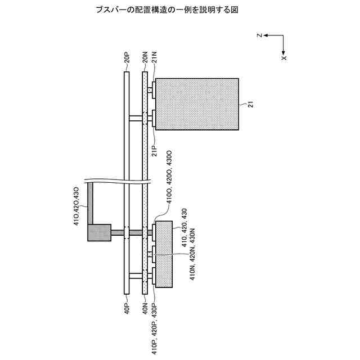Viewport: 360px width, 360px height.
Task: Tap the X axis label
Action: point(284,57)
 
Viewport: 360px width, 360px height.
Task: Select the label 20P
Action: point(127,59)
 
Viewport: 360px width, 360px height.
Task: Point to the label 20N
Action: point(145,59)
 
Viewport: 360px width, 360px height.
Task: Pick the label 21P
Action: point(154,152)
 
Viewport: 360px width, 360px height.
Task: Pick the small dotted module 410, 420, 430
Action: point(163,254)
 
